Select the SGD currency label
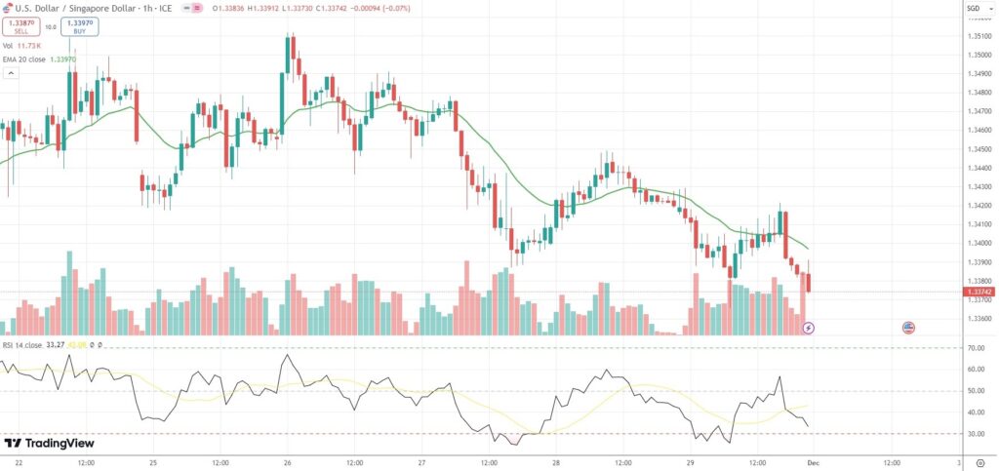point(973,9)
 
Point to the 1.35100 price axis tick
point(979,36)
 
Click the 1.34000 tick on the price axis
point(979,244)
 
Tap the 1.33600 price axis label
point(979,319)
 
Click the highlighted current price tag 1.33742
point(979,292)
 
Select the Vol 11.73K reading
point(34,46)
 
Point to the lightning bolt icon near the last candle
point(808,329)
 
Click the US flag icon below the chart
point(908,328)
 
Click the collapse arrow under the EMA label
point(10,71)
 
